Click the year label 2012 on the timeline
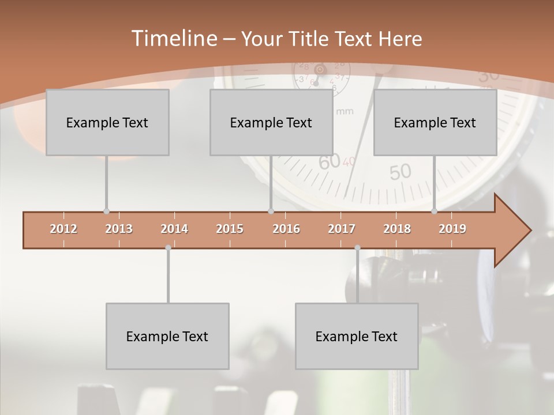pos(63,229)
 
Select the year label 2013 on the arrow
pos(119,229)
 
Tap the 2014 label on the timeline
pos(174,229)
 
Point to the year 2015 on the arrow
pos(230,229)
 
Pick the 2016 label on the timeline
pos(286,229)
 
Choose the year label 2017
pos(342,229)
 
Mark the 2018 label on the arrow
pos(397,229)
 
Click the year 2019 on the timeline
pos(452,229)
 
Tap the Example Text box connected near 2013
pos(107,122)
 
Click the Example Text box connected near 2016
pos(271,122)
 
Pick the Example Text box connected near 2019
pos(435,122)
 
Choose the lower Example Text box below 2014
pos(167,336)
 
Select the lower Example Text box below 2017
pos(357,336)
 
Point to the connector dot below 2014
pos(168,248)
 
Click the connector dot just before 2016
pos(271,212)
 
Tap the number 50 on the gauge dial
pos(400,171)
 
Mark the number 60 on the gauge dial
pos(330,163)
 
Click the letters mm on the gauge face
pos(345,111)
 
